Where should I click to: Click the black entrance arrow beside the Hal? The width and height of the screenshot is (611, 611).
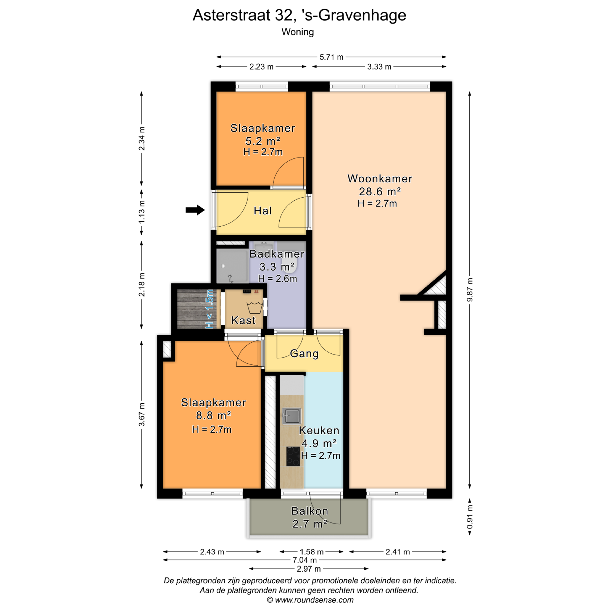click(195, 210)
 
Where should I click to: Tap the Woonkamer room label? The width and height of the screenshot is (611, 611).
click(380, 179)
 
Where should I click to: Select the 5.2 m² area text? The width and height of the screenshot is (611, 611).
click(263, 141)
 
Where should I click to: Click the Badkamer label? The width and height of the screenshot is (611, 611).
click(277, 254)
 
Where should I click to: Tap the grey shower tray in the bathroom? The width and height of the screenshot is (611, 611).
click(232, 266)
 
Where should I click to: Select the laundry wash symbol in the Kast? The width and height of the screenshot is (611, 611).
click(255, 307)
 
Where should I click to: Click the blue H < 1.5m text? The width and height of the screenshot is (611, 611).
click(209, 309)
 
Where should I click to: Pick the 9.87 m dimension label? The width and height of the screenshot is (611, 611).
click(470, 290)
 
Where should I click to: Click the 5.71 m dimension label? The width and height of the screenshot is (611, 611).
click(331, 57)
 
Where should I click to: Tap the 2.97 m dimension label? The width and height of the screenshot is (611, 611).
click(309, 569)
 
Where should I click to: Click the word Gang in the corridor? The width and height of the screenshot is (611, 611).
click(304, 354)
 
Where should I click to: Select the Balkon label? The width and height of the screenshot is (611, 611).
click(310, 511)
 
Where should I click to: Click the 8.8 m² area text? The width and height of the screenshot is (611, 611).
click(213, 415)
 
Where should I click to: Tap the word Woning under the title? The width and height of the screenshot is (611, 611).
click(298, 32)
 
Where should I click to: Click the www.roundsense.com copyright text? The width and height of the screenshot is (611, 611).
click(310, 600)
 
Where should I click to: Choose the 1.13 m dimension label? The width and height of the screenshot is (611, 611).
click(142, 212)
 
